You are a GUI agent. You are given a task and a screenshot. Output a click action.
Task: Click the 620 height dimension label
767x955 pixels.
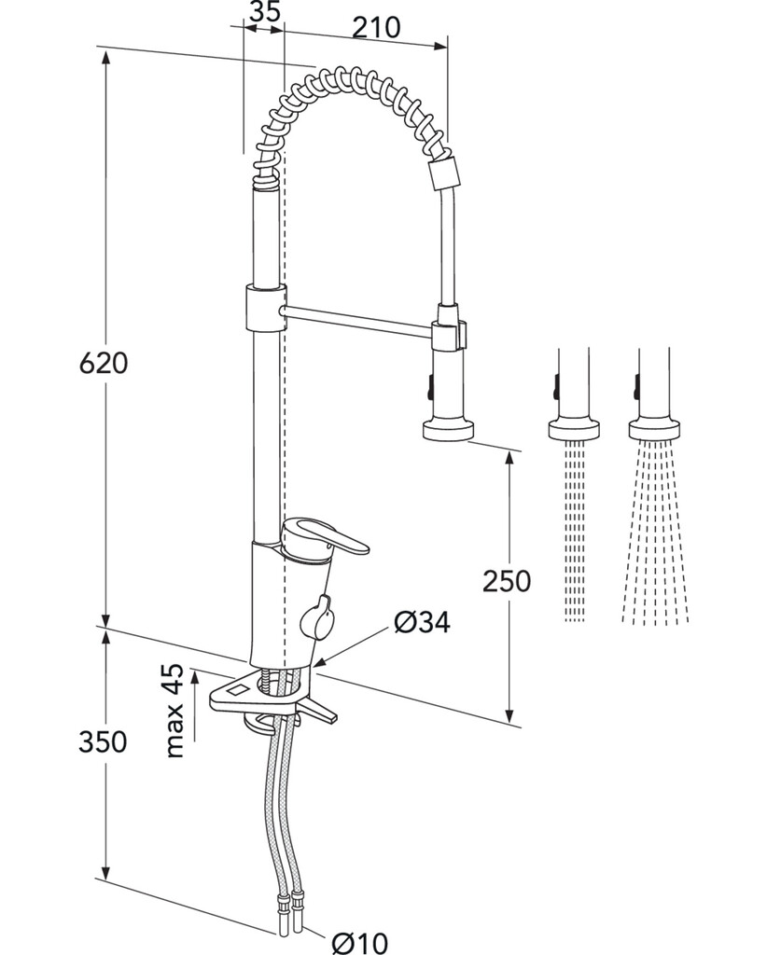pyautogui.click(x=104, y=363)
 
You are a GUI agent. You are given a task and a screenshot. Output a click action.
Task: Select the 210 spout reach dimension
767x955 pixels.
pyautogui.click(x=376, y=27)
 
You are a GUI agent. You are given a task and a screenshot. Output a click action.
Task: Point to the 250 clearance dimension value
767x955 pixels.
pyautogui.click(x=507, y=581)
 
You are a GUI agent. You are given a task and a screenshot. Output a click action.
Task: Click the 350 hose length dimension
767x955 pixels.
pyautogui.click(x=103, y=741)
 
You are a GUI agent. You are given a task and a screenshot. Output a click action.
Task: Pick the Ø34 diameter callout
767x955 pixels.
pyautogui.click(x=422, y=622)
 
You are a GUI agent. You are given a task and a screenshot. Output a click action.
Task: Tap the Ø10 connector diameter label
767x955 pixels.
pyautogui.click(x=359, y=943)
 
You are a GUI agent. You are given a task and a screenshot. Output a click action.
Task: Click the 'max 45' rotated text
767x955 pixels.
pyautogui.click(x=174, y=710)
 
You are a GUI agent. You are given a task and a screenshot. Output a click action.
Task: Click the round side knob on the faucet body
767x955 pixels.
pyautogui.click(x=317, y=618)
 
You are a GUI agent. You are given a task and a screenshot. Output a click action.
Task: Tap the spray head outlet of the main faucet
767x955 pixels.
pyautogui.click(x=449, y=428)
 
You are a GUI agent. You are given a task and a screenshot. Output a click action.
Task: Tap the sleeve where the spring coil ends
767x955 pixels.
pyautogui.click(x=443, y=173)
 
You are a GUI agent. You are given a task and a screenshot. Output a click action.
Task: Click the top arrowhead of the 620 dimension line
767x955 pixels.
pyautogui.click(x=106, y=60)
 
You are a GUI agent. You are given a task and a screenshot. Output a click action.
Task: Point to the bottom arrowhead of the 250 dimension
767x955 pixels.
pyautogui.click(x=509, y=713)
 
